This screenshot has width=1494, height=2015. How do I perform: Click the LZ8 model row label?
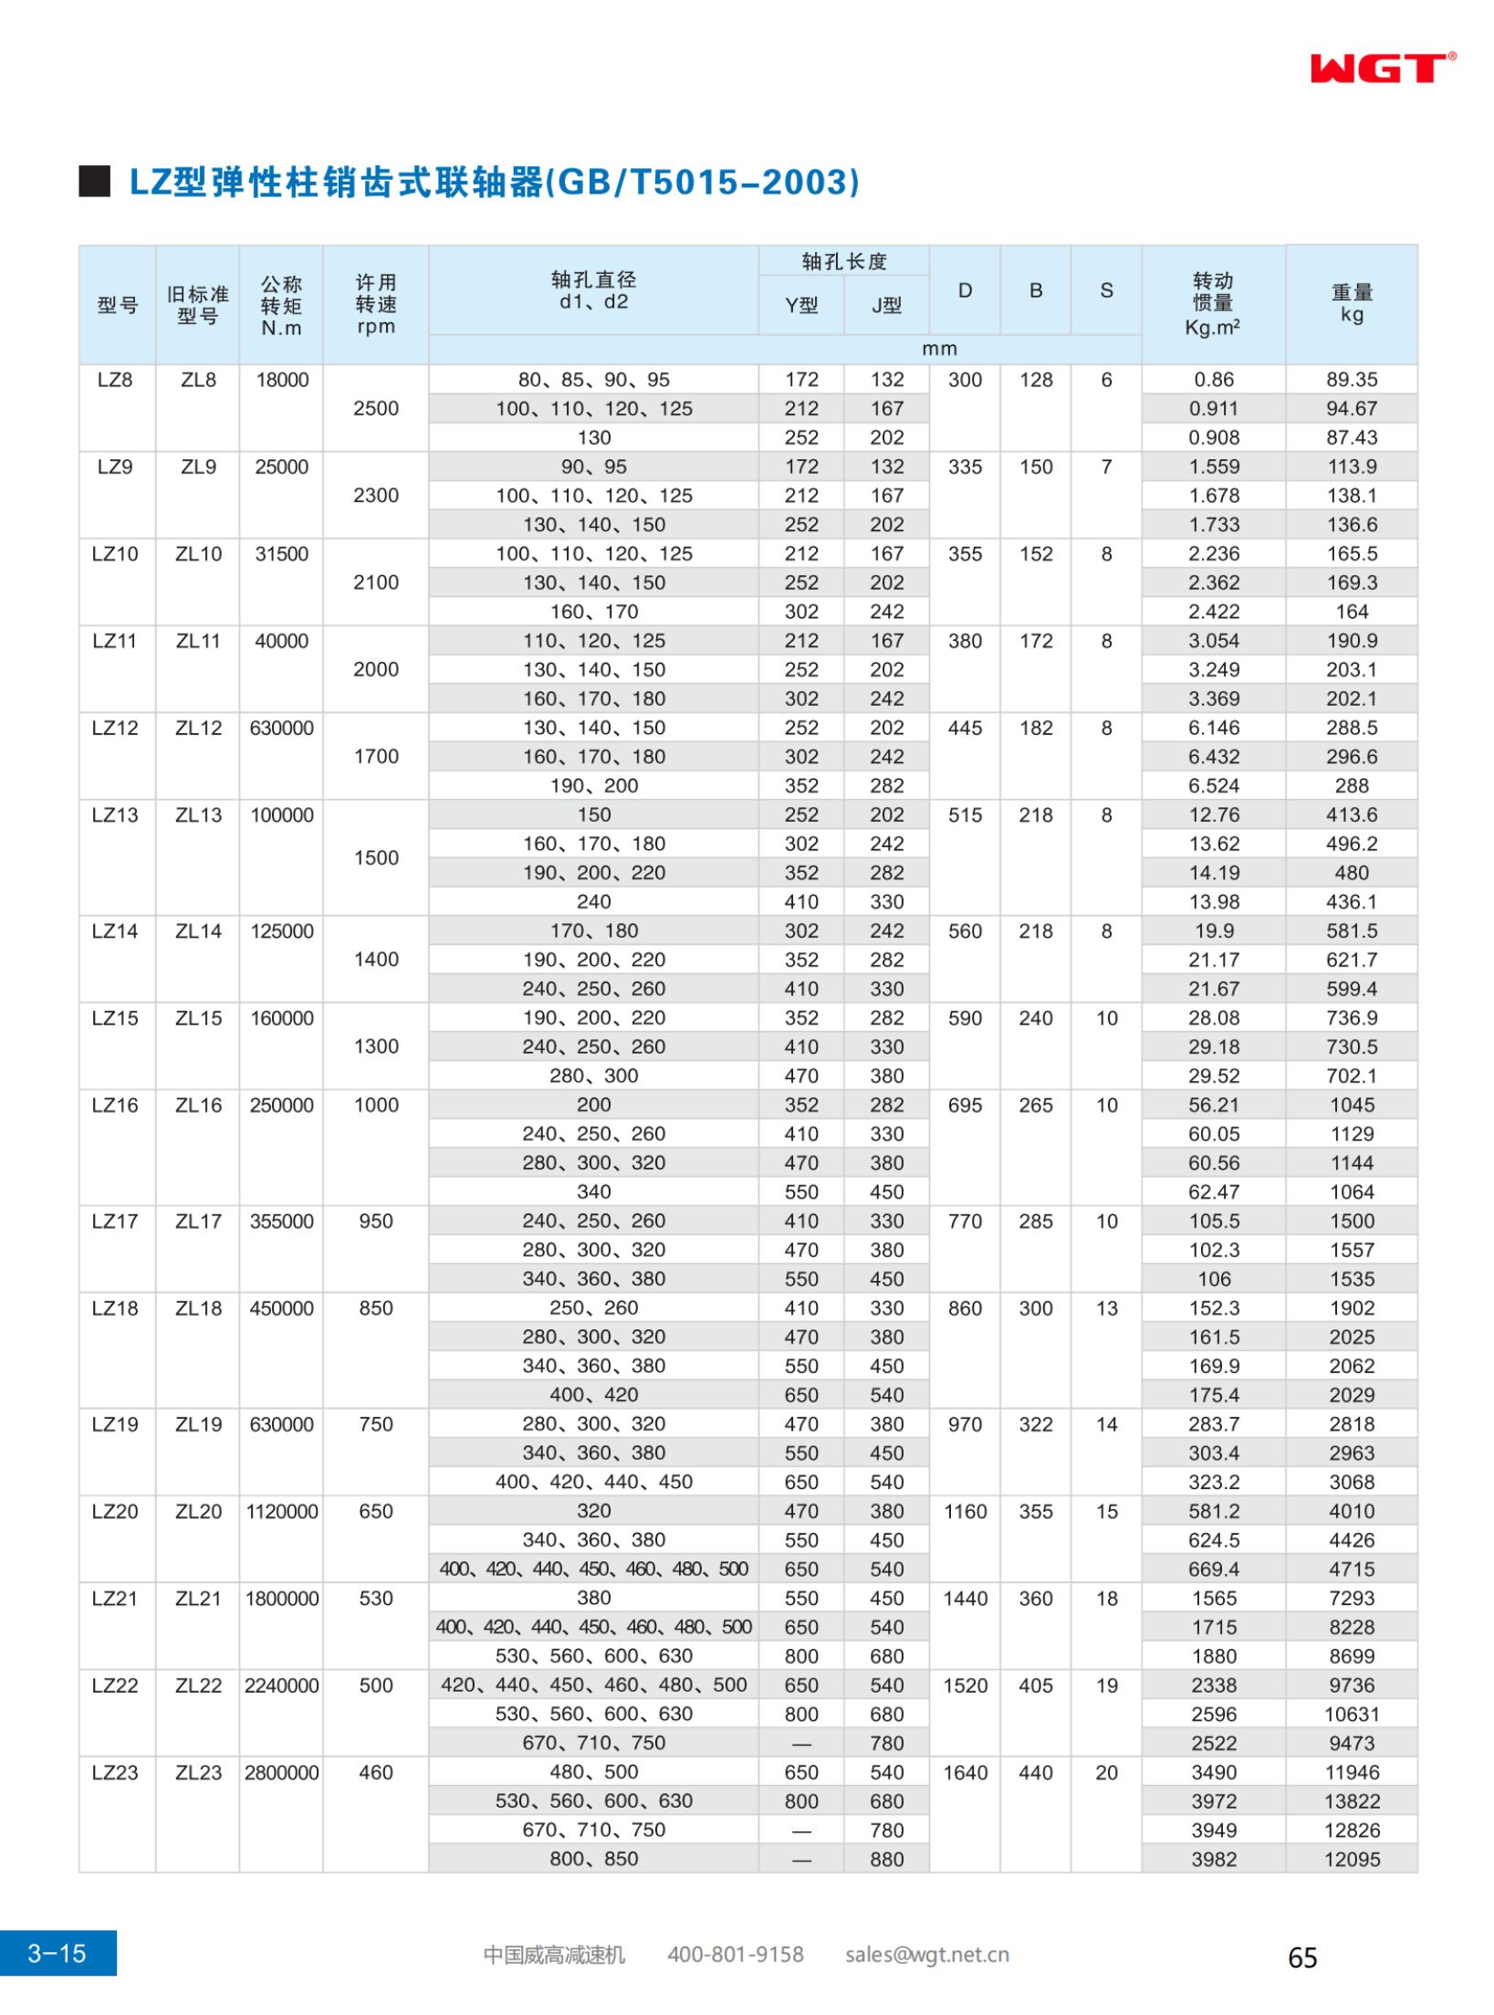(115, 380)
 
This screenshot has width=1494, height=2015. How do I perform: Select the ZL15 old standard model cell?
(198, 1018)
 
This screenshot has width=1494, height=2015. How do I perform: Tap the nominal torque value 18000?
(282, 380)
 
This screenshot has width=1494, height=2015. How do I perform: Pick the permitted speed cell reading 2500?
(376, 408)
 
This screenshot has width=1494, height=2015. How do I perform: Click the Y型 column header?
(801, 306)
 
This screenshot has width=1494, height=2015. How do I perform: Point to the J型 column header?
(886, 306)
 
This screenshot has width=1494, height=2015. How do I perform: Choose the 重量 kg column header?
(1352, 303)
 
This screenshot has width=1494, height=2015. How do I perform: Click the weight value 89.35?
(1352, 380)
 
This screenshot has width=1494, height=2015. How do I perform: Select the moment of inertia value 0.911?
(1213, 408)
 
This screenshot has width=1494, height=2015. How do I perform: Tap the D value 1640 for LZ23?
(965, 1772)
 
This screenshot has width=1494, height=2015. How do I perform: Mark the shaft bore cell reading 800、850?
(593, 1859)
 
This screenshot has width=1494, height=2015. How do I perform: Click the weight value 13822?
(1352, 1800)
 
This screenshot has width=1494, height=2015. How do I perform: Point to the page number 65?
(1302, 1957)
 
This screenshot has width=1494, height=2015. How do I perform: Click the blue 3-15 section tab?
(57, 1953)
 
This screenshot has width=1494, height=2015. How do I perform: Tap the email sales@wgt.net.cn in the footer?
(926, 1955)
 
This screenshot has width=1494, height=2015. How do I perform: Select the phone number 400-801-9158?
(736, 1955)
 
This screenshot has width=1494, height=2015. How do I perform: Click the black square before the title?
(94, 182)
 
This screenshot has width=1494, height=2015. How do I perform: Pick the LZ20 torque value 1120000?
(282, 1511)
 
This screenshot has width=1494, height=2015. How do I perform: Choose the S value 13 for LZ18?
(1106, 1308)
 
